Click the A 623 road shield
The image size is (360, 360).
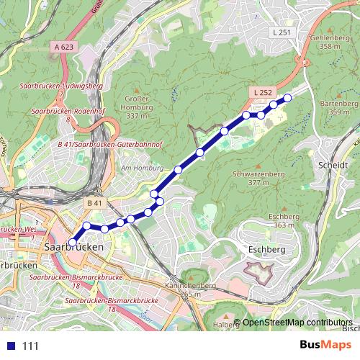pyautogui.click(x=64, y=46)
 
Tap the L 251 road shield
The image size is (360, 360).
pyautogui.click(x=282, y=33)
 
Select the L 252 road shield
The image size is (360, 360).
pyautogui.click(x=261, y=93)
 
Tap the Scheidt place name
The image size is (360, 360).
pyautogui.click(x=332, y=164)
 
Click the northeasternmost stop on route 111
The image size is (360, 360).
pyautogui.click(x=287, y=97)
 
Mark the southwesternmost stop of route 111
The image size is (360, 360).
pyautogui.click(x=72, y=242)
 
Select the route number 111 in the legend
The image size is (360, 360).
pyautogui.click(x=31, y=346)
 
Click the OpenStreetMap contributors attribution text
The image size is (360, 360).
pyautogui.click(x=297, y=323)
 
